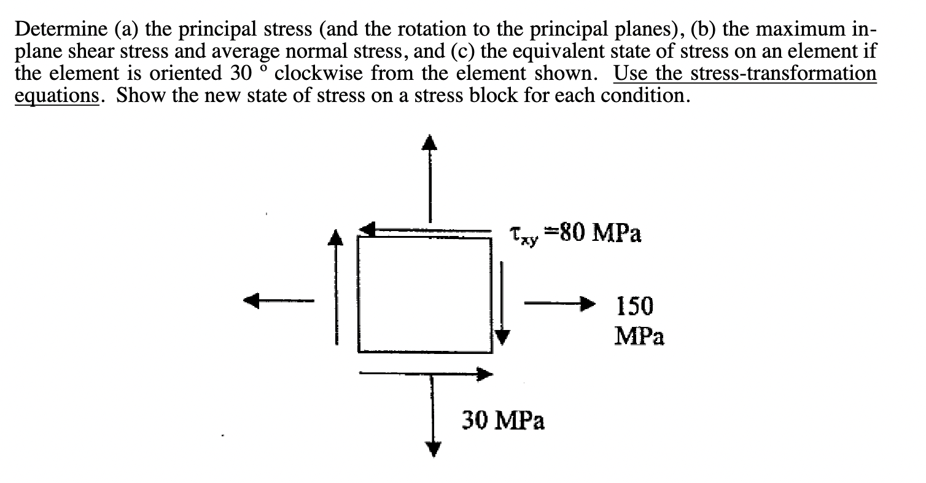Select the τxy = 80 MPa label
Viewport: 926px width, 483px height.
575,234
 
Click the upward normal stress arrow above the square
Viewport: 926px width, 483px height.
430,178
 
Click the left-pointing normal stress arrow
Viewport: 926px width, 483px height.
279,300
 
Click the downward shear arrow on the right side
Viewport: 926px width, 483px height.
502,302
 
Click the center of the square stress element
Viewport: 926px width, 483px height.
425,295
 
